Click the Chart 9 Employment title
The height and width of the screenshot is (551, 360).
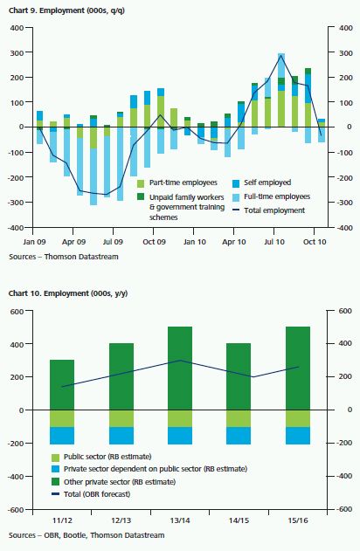[66, 10]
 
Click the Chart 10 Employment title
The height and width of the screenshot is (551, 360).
[68, 293]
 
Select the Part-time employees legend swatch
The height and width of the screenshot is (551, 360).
[141, 183]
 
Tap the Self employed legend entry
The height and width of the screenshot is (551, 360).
[261, 183]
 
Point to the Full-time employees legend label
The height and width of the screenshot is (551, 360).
[277, 196]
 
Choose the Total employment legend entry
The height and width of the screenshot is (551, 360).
[269, 210]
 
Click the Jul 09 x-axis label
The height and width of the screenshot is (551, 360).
[114, 242]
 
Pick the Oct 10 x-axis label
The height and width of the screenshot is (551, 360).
[315, 242]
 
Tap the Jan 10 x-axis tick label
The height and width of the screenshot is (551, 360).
[194, 242]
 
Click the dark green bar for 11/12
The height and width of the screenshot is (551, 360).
[62, 385]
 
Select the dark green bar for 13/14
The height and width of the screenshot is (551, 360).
[180, 368]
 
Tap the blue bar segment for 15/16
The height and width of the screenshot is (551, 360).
[298, 436]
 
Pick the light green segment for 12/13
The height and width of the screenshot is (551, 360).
[121, 418]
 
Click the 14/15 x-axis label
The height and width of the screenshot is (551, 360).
[239, 520]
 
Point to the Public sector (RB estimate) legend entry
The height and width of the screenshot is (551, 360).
[101, 457]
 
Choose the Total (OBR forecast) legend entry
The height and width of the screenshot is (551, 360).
[91, 494]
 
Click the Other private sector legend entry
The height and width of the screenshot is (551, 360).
[114, 481]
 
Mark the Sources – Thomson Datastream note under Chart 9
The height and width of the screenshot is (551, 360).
[64, 257]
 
